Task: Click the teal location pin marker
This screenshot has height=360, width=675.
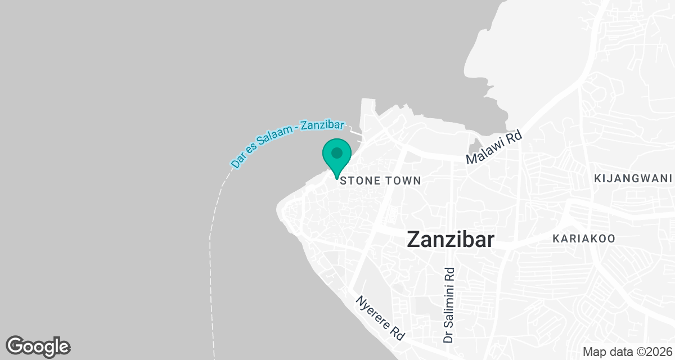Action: click(337, 157)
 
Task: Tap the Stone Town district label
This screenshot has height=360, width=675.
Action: click(381, 181)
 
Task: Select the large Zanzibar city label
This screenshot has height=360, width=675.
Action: click(451, 239)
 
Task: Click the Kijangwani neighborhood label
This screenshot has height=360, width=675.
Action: click(633, 179)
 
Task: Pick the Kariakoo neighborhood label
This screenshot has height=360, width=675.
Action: click(584, 238)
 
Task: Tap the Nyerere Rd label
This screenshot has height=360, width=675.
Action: click(380, 318)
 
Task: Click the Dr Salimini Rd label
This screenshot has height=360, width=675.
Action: click(449, 304)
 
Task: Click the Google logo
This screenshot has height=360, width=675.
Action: click(38, 346)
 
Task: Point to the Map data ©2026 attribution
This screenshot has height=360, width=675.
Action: click(627, 352)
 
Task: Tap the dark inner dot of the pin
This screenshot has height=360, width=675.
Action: click(337, 152)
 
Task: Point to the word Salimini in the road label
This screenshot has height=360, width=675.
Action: click(449, 296)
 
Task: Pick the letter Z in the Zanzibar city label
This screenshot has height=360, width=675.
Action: click(413, 239)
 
